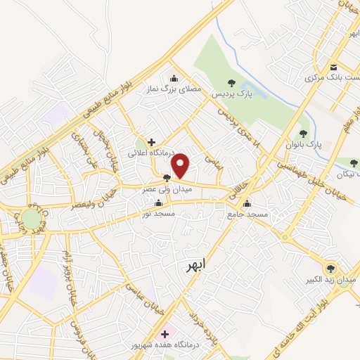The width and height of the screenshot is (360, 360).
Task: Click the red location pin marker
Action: coord(181,165)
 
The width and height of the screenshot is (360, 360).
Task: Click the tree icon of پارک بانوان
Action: coord(304,133)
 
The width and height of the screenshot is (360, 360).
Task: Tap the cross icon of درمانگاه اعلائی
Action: coord(151,141)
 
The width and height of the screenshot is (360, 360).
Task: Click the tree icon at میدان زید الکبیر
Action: coord(331,268)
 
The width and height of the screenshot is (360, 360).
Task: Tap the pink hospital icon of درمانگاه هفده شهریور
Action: coord(166,334)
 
